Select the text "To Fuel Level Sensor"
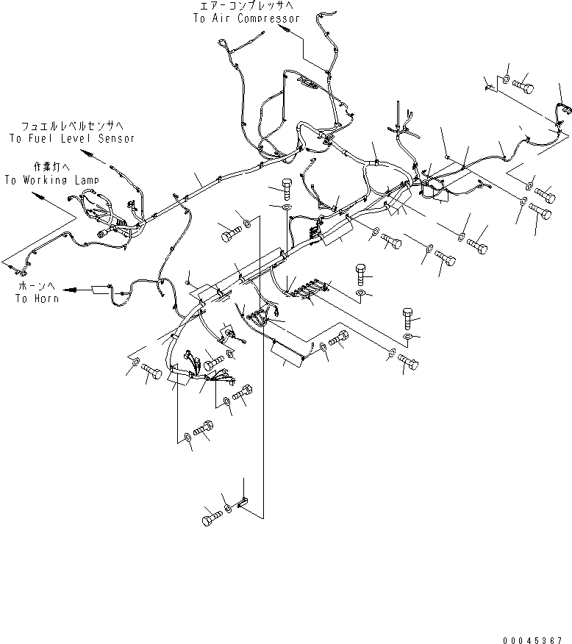(71, 138)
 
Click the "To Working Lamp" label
(51, 179)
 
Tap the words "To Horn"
(37, 298)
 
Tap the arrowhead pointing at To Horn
(68, 290)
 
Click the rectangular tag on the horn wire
(100, 290)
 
